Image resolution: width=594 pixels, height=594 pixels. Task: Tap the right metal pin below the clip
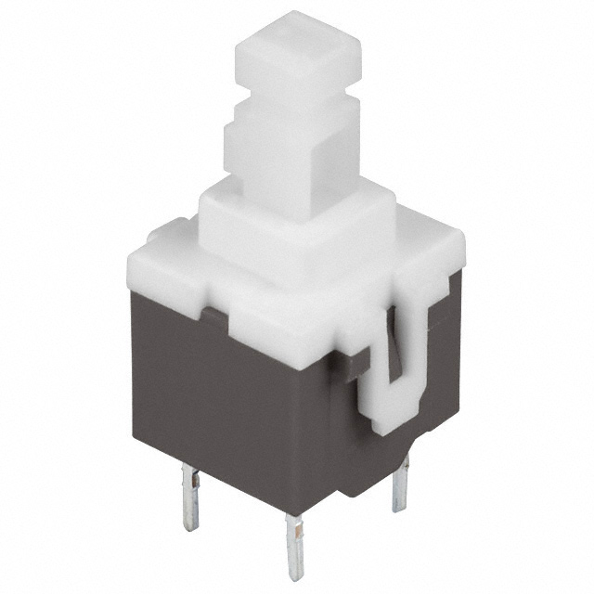click(x=400, y=483)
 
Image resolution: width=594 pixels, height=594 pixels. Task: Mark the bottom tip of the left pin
click(x=189, y=525)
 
